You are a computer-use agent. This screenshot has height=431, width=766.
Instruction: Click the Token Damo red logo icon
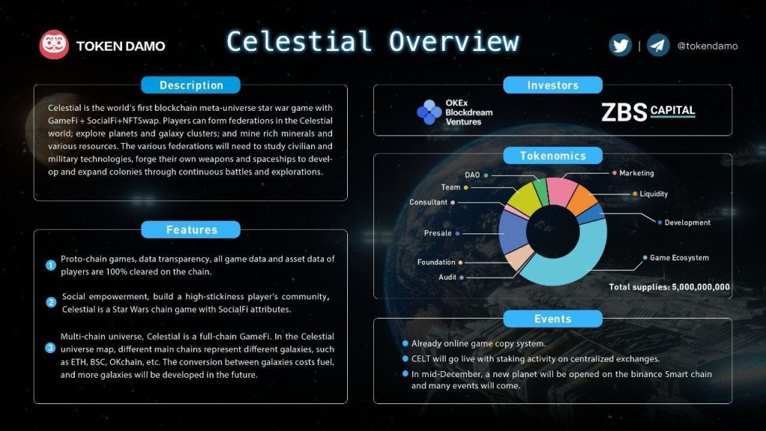[x=54, y=46]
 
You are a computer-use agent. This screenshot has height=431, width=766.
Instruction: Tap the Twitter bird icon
[x=620, y=46]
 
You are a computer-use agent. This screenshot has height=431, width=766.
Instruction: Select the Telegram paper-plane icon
[x=658, y=46]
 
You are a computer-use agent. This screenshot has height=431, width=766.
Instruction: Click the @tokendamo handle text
[x=707, y=46]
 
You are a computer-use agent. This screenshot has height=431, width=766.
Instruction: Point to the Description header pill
[x=191, y=85]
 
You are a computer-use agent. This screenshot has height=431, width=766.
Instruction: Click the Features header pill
[x=191, y=230]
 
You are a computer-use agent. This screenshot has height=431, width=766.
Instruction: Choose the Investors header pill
[x=552, y=85]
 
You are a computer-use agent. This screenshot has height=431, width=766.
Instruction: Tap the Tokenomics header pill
[x=552, y=156]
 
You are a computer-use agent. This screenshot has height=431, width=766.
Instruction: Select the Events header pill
[x=552, y=319]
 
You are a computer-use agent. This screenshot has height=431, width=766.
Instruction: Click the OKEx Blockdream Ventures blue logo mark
[x=429, y=112]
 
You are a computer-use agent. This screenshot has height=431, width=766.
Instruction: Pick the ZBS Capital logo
[x=648, y=112]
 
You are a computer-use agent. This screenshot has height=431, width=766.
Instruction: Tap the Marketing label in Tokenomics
[x=636, y=174]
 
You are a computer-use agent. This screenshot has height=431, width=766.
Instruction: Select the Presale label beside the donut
[x=438, y=233]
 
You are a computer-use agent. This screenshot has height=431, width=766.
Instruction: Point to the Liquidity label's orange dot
[x=634, y=194]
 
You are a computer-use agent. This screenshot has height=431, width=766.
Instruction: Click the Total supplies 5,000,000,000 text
[x=669, y=287]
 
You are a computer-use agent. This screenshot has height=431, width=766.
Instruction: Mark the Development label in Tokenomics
[x=687, y=222]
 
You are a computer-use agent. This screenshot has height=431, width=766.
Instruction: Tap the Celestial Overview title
[x=372, y=41]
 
